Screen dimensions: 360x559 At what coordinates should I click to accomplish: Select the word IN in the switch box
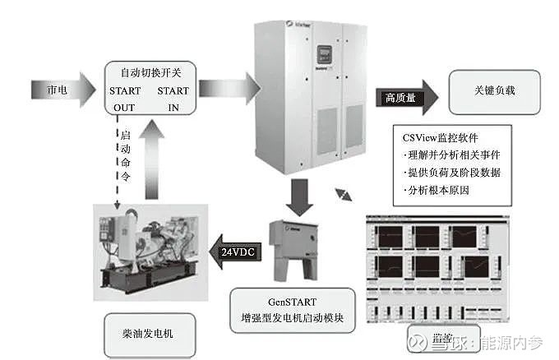click(173, 108)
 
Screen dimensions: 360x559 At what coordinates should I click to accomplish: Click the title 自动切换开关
click(149, 72)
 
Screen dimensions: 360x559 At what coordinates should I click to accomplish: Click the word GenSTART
click(293, 301)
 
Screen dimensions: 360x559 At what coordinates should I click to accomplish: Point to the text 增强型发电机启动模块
click(293, 318)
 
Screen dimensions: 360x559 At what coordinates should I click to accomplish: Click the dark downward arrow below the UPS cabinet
click(297, 196)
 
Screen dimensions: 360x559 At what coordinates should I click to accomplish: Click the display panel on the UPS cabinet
click(316, 58)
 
